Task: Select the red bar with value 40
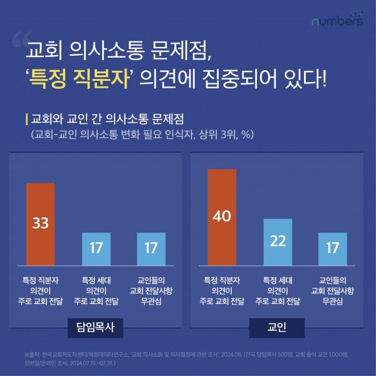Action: pos(221,216)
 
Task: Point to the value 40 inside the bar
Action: pos(221,216)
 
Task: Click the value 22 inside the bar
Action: pos(278,241)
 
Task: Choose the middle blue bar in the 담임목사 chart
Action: pos(96,248)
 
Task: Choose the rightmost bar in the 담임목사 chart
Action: pos(151,248)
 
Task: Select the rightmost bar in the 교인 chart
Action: pos(333,248)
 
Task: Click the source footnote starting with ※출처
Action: pos(188,357)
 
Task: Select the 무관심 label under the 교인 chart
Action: pos(333,301)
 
